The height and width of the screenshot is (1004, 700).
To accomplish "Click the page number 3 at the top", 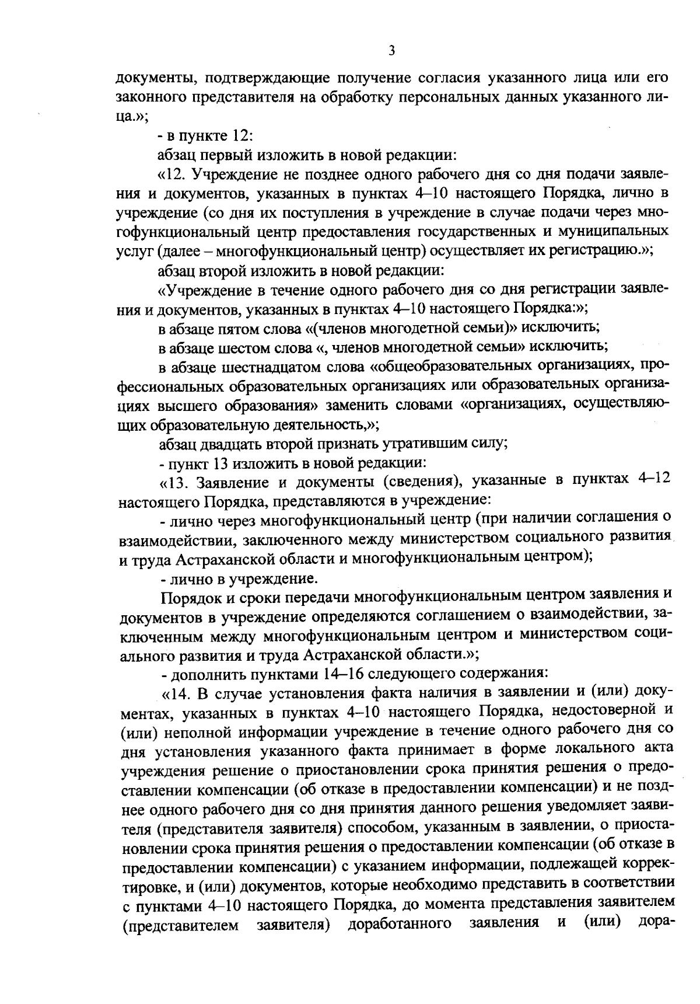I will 392,51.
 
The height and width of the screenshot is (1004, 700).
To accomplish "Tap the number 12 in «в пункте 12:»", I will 242,135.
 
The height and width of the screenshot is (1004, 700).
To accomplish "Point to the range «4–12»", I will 653,480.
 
